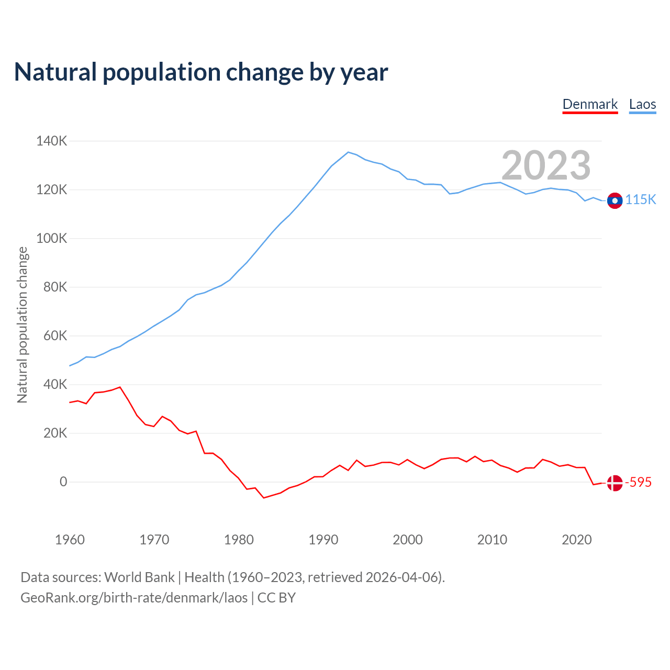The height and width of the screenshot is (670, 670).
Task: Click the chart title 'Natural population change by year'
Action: click(x=201, y=72)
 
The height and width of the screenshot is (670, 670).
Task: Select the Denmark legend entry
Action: click(x=590, y=104)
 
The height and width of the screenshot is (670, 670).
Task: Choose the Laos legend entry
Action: click(x=642, y=104)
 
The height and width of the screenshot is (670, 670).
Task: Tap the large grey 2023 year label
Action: click(x=546, y=165)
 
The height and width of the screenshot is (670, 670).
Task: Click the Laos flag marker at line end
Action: click(x=615, y=200)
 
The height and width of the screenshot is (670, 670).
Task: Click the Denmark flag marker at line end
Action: click(x=615, y=483)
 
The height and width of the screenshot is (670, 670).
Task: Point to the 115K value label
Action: click(x=641, y=200)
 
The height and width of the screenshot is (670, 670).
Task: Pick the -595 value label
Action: click(x=639, y=483)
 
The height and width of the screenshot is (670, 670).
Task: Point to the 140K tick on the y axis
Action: click(x=51, y=141)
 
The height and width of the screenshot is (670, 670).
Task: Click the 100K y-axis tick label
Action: click(x=51, y=239)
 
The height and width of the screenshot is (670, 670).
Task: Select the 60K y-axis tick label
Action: click(x=55, y=336)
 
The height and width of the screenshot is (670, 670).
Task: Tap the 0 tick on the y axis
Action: click(x=63, y=482)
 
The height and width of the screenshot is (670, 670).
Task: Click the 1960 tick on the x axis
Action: click(x=70, y=540)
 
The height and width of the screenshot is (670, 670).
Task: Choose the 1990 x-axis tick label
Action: click(x=323, y=540)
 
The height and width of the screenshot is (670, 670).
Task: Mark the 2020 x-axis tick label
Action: click(x=576, y=540)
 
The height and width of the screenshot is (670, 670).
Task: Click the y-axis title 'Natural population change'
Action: click(x=23, y=325)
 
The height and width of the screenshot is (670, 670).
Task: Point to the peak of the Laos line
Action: click(x=348, y=152)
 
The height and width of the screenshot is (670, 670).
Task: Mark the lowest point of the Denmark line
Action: click(x=264, y=498)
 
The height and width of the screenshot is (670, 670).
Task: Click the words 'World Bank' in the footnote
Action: click(x=139, y=577)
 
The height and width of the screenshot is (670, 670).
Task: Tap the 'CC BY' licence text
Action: click(x=276, y=598)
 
